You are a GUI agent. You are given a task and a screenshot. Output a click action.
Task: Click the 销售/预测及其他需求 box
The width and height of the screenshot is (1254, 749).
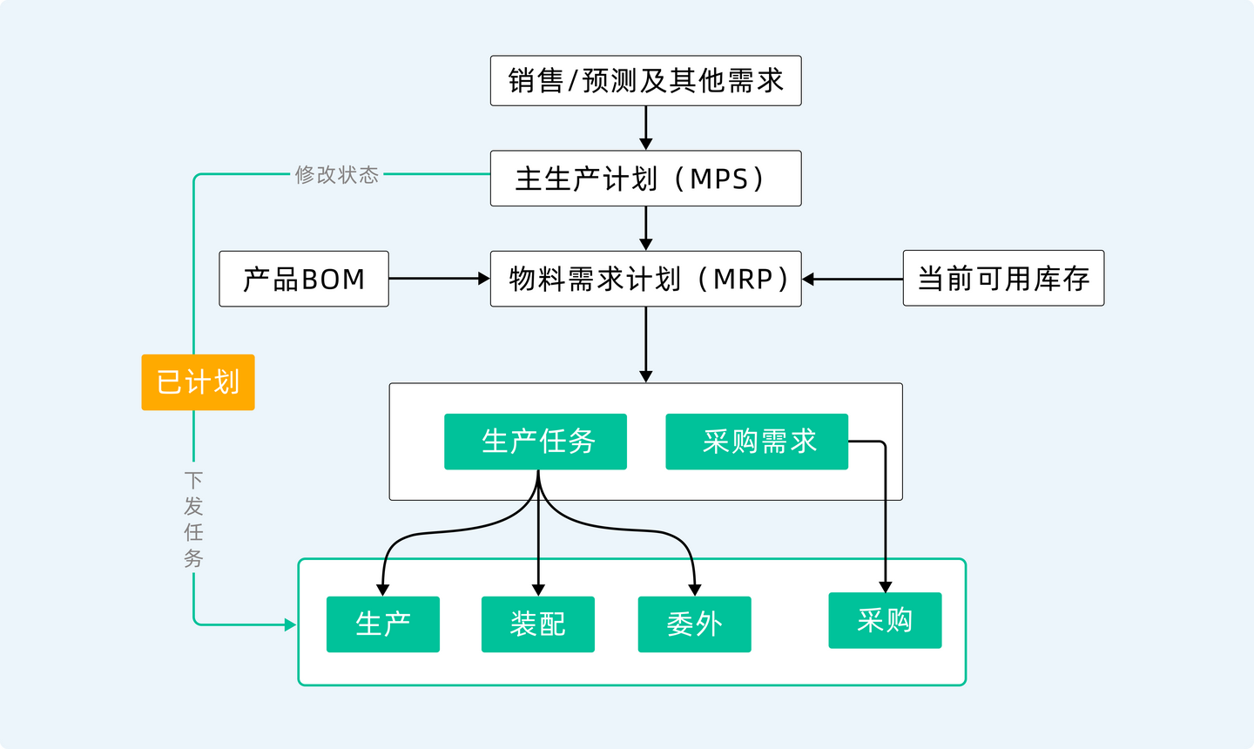[x=645, y=81]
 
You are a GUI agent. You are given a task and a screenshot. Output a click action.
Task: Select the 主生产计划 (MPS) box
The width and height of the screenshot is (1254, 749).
[x=645, y=179]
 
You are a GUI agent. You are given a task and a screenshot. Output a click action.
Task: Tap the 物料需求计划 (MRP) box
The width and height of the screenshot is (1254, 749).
[x=645, y=279]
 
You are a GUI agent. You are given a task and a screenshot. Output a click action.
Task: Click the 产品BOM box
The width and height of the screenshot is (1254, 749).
[x=303, y=279]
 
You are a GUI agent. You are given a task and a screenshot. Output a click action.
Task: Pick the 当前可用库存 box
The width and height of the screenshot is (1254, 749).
[x=1003, y=279]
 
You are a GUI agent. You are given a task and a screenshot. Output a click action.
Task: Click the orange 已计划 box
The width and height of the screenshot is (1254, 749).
[x=198, y=382]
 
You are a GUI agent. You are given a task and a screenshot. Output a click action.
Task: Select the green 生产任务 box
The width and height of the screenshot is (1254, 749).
[x=536, y=442]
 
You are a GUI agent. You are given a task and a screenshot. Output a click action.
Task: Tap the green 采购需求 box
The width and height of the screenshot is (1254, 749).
[x=757, y=442]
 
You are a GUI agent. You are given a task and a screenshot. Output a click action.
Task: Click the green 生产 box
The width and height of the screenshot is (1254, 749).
[x=382, y=624]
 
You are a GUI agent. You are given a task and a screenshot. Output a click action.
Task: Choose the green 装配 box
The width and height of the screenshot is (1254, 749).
[x=538, y=624]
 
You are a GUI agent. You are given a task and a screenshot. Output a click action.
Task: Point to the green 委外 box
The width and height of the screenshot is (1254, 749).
[x=694, y=624]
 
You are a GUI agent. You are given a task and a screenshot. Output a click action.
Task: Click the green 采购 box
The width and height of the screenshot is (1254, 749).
[x=885, y=620]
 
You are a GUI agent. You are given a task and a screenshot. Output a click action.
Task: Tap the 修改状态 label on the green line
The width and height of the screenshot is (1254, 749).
[x=337, y=175]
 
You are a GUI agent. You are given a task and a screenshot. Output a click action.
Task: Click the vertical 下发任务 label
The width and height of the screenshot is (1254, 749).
[x=193, y=520]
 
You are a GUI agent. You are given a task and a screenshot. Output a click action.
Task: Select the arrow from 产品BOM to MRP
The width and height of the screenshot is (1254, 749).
[x=439, y=279]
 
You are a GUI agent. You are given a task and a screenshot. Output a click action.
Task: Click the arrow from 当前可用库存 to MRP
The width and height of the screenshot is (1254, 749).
[x=853, y=280]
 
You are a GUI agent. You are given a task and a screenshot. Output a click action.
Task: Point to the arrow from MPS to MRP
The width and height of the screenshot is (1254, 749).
[x=645, y=228]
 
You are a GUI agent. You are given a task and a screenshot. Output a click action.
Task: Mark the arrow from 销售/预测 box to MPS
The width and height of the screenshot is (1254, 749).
[x=645, y=128]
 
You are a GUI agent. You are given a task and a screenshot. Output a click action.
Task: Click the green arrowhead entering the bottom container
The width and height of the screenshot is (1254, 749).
[x=290, y=624]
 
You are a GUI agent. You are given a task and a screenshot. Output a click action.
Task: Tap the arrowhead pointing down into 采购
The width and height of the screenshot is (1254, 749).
[x=886, y=587]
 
